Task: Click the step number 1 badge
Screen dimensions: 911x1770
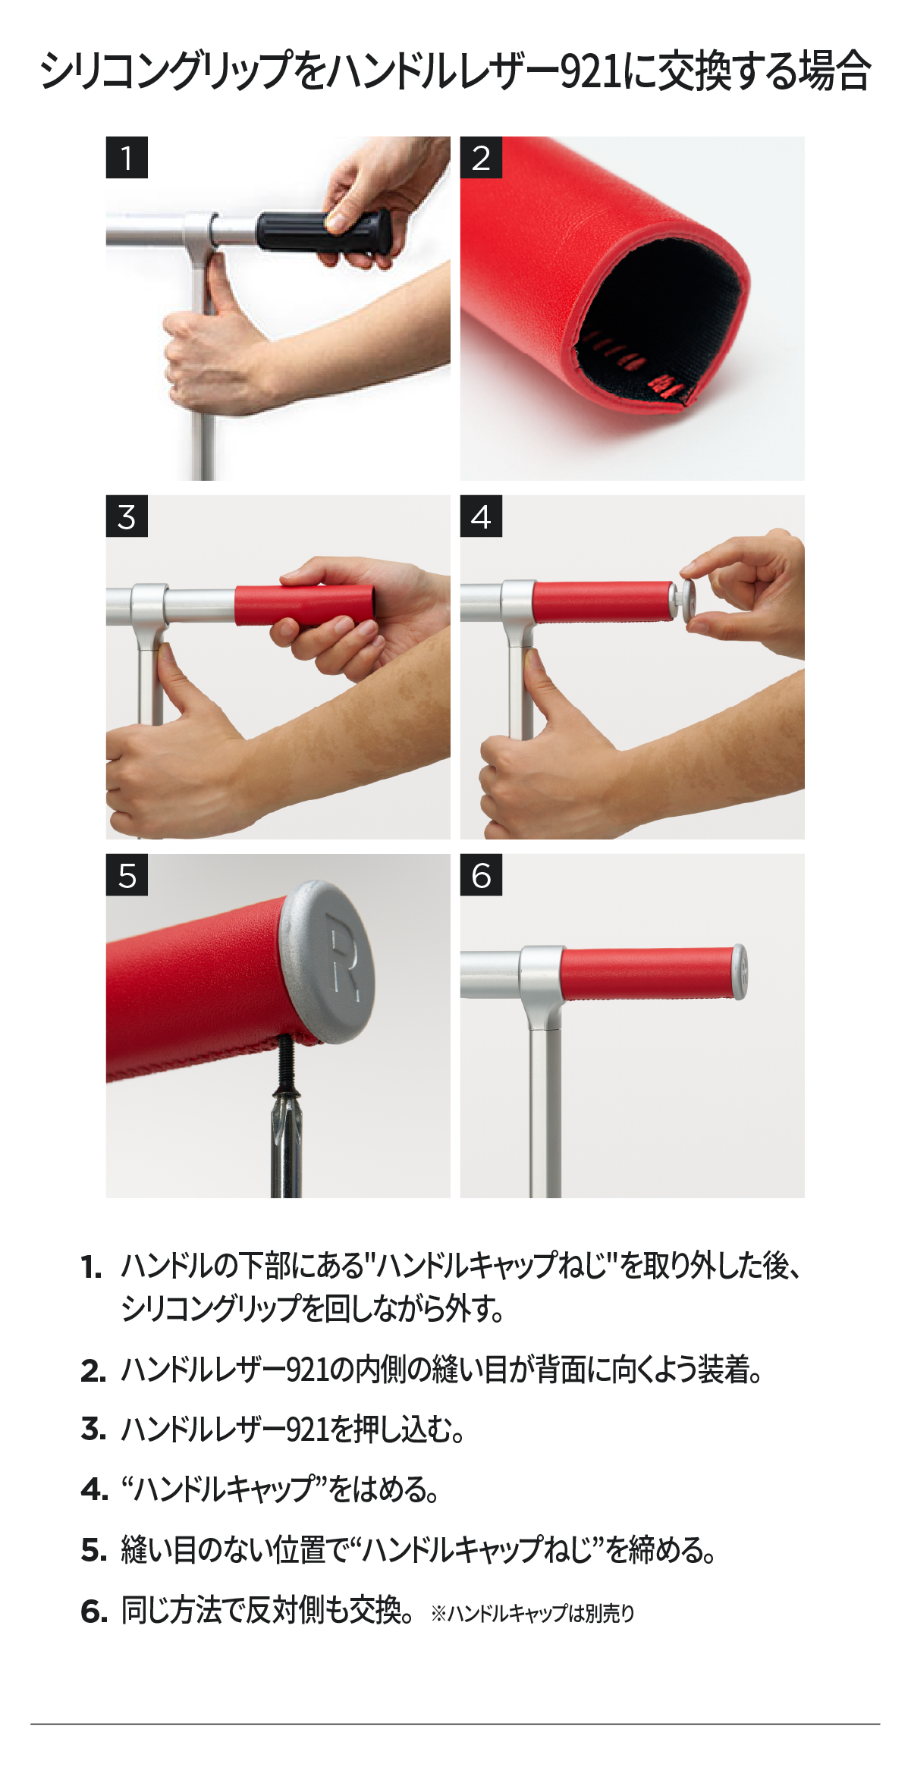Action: pos(127,158)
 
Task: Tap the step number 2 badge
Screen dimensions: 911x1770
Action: pos(481,158)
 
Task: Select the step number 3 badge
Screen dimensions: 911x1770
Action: pos(127,516)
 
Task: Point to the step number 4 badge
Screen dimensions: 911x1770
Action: pos(481,516)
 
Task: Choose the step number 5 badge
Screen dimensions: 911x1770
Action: pos(127,875)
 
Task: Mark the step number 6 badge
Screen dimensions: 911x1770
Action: pos(481,875)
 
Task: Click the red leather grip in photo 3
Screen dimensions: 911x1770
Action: pos(304,604)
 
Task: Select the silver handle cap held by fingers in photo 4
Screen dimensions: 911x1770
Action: pos(690,601)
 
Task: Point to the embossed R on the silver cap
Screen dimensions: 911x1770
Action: pos(345,956)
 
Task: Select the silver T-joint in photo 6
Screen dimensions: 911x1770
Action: pos(543,986)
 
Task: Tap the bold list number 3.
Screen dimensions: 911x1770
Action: pos(93,1429)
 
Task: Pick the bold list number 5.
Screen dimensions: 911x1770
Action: pos(93,1551)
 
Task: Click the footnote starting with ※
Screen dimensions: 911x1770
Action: pos(532,1613)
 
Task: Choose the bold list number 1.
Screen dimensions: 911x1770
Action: pos(92,1267)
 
